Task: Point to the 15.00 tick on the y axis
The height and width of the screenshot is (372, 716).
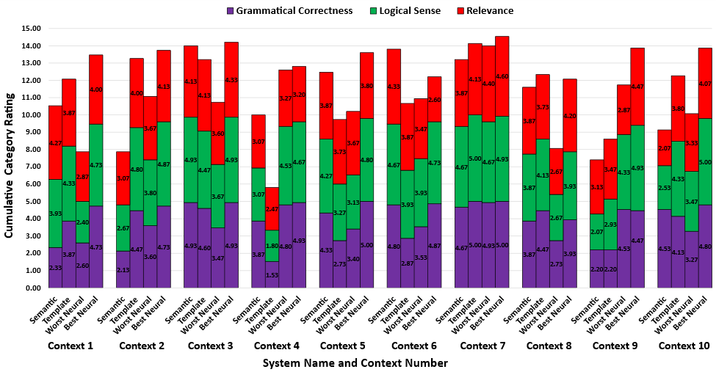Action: click(x=32, y=29)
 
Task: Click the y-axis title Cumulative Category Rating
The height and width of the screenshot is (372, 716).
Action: click(x=10, y=158)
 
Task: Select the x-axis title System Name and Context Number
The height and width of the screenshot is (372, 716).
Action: click(x=355, y=362)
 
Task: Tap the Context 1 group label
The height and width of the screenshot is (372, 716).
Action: click(x=70, y=346)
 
